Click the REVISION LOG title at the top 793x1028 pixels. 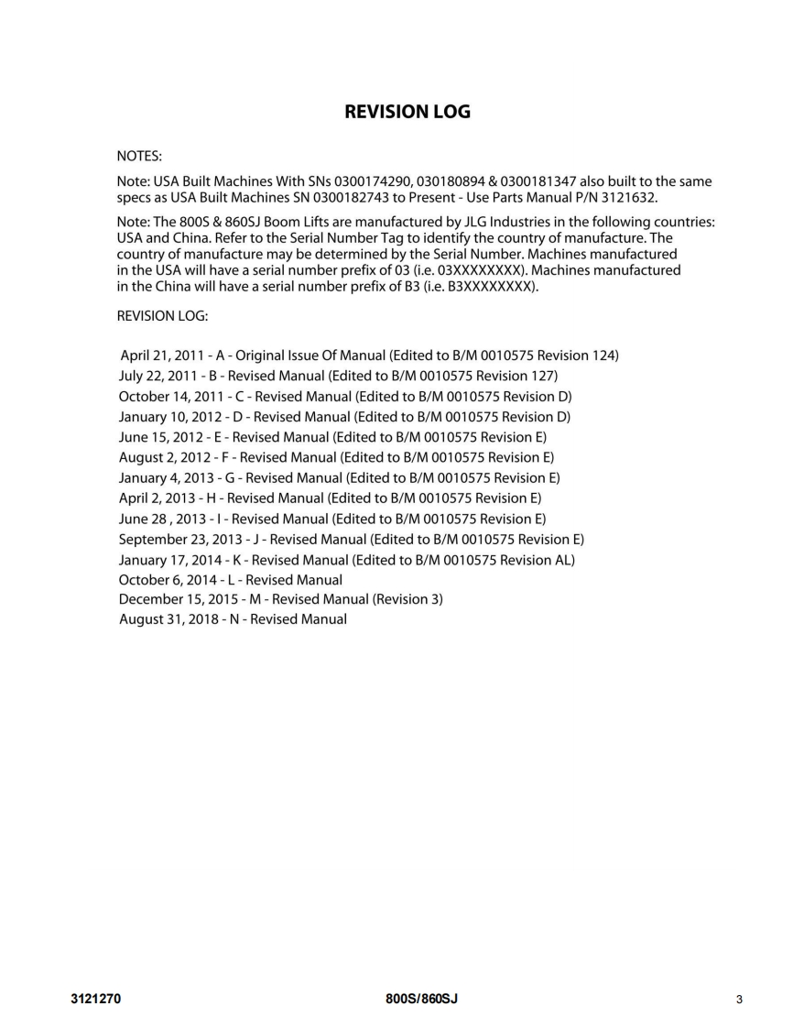(407, 112)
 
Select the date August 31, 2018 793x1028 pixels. (168, 619)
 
